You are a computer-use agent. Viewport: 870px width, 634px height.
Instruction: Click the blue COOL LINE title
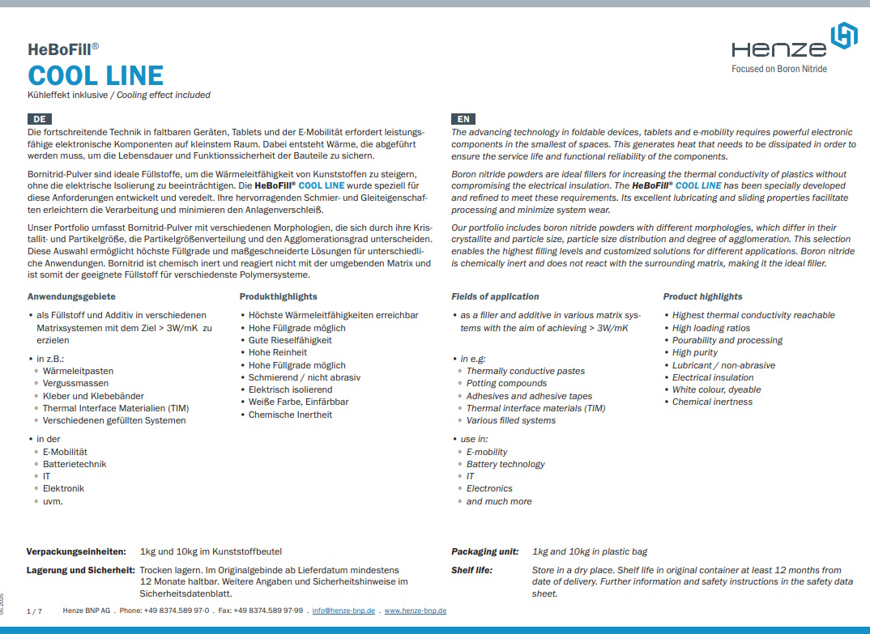tap(96, 76)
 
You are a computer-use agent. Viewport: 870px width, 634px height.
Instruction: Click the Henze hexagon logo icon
tap(844, 37)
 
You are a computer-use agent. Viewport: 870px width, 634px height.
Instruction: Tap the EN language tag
tap(463, 119)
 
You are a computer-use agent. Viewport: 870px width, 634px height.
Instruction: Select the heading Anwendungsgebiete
tap(71, 296)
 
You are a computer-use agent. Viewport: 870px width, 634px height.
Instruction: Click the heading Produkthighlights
tap(279, 296)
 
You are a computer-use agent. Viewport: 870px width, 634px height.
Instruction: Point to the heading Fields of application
tap(495, 296)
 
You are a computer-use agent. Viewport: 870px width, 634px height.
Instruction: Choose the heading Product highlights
tap(702, 296)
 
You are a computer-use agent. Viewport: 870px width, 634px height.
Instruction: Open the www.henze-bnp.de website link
tap(416, 611)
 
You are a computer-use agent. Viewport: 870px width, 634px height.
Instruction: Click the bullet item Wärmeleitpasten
tap(78, 371)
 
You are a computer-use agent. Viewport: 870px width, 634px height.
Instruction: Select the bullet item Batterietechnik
tap(75, 464)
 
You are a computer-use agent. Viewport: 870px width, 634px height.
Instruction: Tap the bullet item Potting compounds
tap(506, 383)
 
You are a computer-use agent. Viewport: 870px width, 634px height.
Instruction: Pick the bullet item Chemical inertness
tap(712, 402)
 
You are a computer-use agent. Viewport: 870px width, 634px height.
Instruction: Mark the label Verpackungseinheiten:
tap(76, 551)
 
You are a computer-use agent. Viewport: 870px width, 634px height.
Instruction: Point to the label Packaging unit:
tap(484, 551)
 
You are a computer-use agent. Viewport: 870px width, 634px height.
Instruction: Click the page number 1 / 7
tap(34, 611)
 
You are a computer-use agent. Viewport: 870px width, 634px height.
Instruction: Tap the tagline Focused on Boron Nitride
tap(779, 69)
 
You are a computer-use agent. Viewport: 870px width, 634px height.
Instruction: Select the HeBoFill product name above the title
tap(62, 49)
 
